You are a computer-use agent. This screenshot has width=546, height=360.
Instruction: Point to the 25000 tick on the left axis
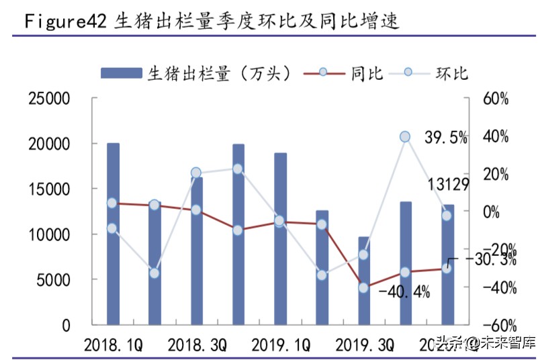click(x=48, y=99)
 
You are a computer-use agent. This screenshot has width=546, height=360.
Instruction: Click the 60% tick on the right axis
click(x=496, y=99)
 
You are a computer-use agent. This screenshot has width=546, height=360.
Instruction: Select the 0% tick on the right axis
click(x=496, y=212)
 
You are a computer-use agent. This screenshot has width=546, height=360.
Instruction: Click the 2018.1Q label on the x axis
click(x=113, y=346)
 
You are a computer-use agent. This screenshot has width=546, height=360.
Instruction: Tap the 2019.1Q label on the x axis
click(x=280, y=346)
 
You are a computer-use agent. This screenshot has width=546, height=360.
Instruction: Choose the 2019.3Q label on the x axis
click(x=364, y=346)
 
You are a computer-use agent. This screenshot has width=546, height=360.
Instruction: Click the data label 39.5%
click(x=446, y=138)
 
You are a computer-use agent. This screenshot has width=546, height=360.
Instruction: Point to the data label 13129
click(x=446, y=185)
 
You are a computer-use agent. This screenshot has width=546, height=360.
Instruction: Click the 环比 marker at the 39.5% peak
click(x=405, y=137)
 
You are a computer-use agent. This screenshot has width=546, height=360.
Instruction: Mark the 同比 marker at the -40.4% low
click(x=363, y=287)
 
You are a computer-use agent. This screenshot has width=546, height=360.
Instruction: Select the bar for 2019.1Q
click(x=280, y=239)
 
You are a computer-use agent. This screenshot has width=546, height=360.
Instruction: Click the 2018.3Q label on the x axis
click(x=197, y=346)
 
